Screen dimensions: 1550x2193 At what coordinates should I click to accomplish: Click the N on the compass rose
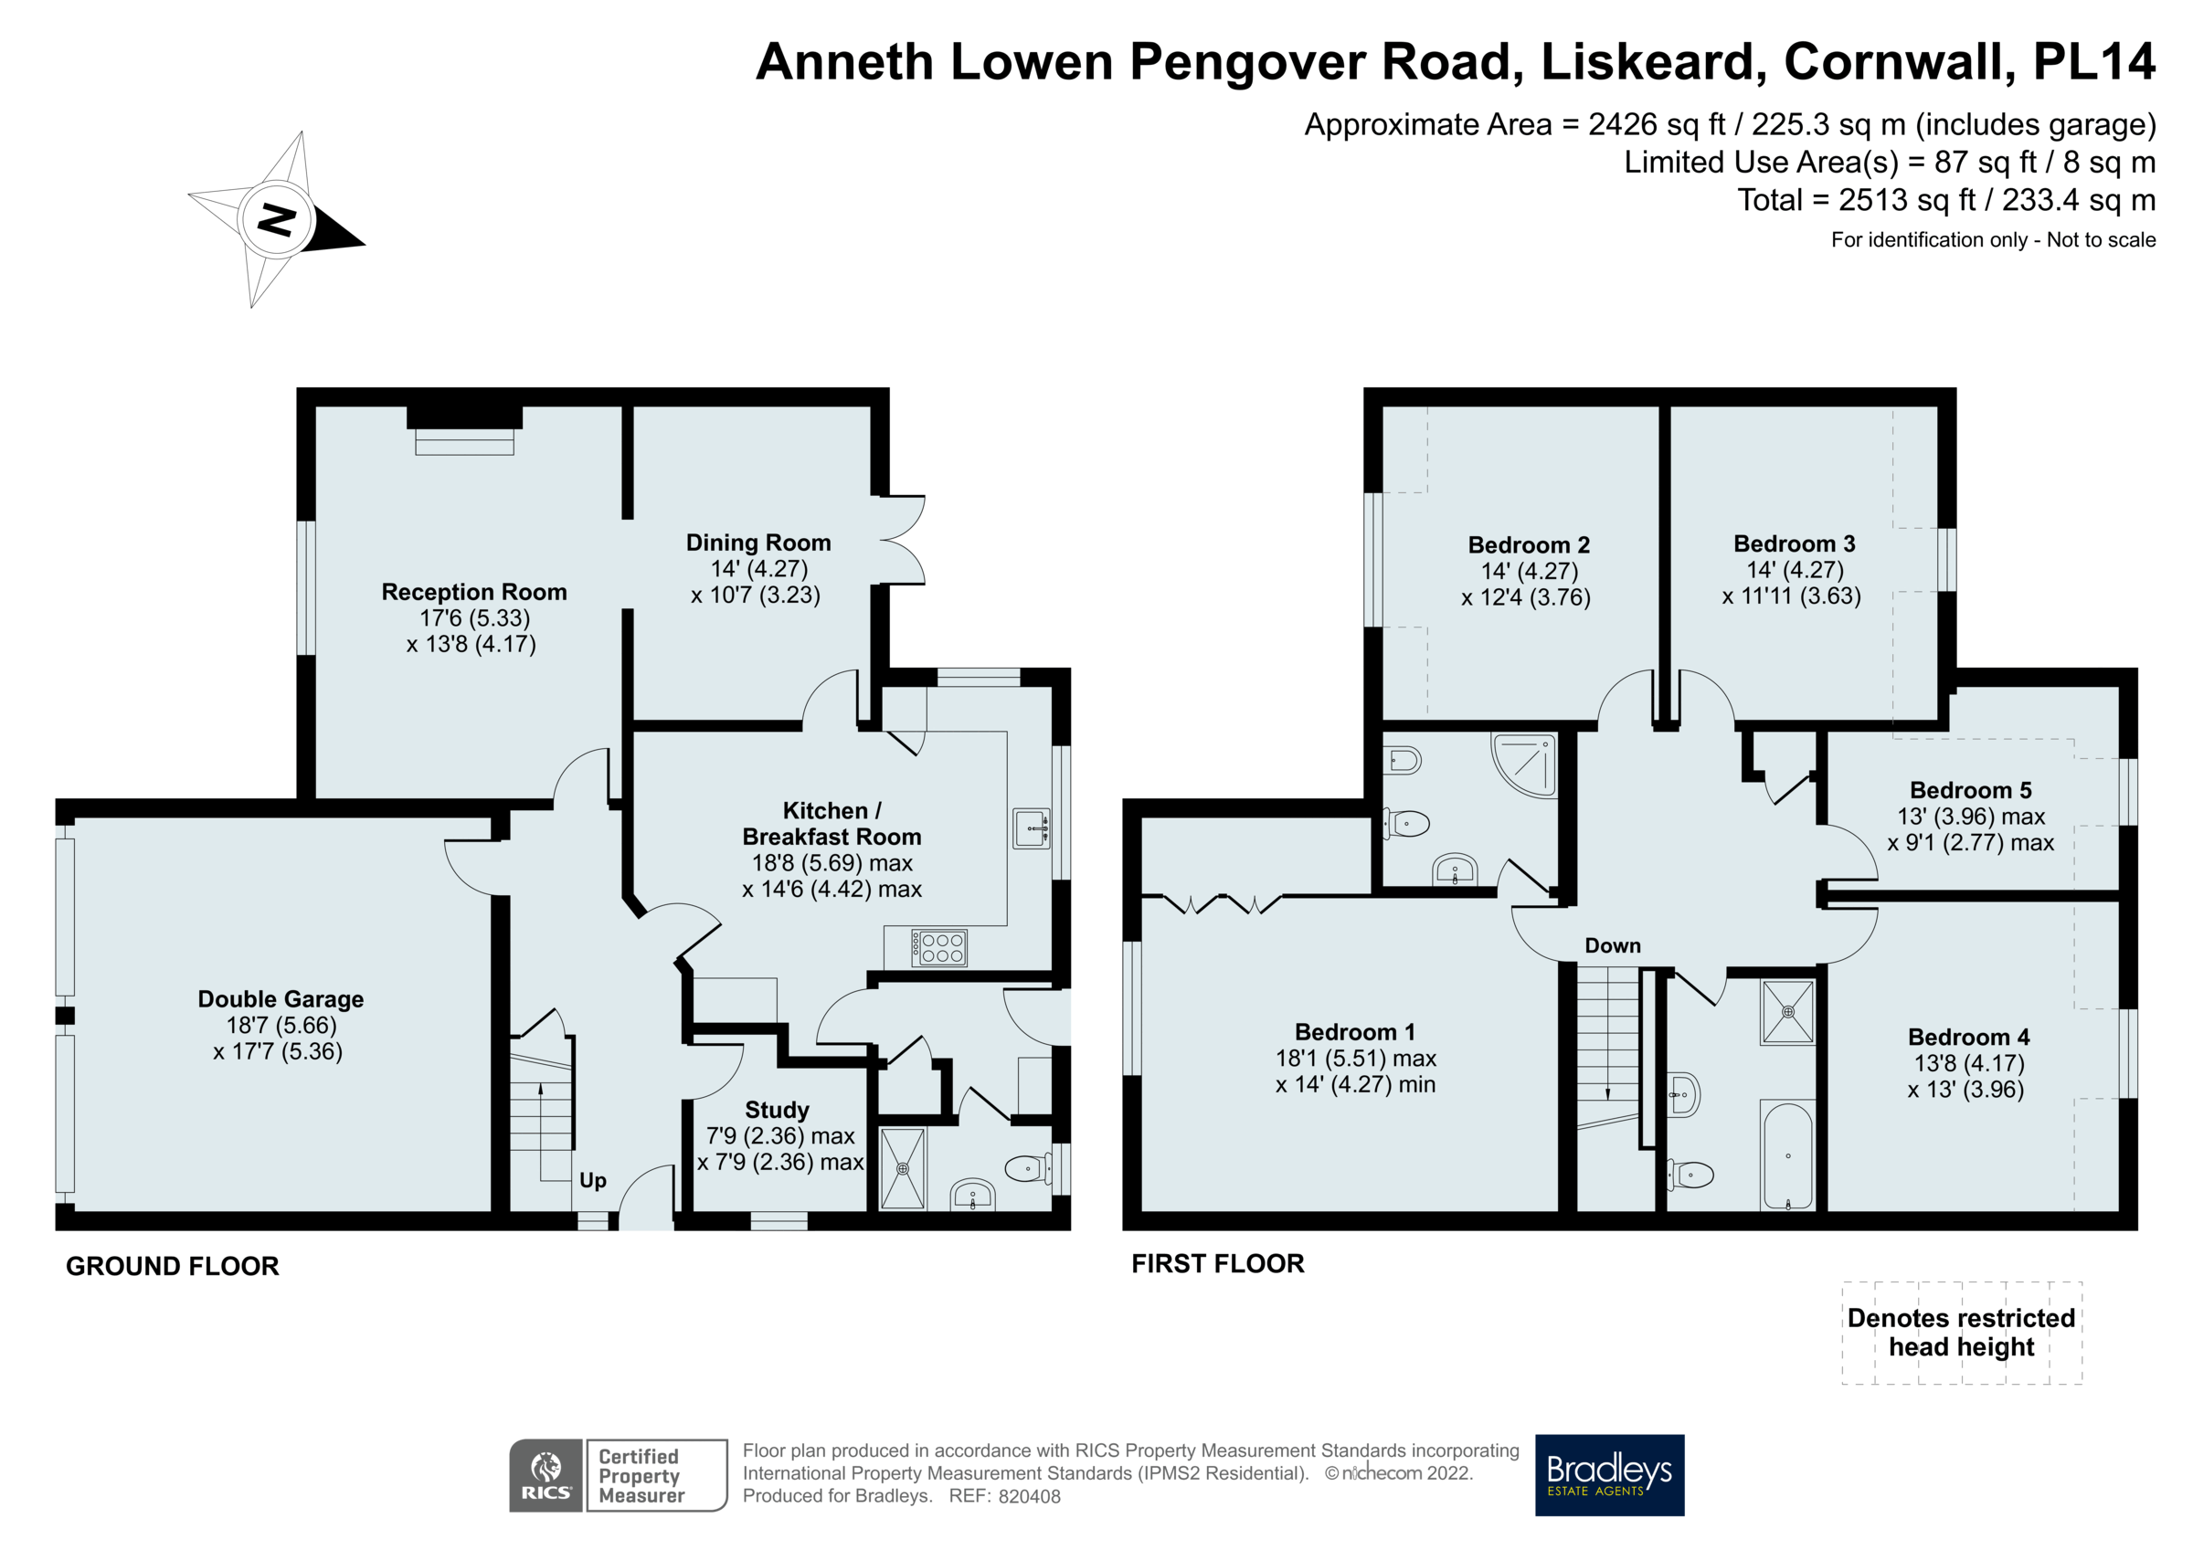[x=277, y=221]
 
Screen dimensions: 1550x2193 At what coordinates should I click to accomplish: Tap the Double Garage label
[x=280, y=999]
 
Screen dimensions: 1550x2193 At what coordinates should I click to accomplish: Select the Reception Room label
[x=473, y=592]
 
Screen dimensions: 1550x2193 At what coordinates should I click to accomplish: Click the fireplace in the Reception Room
[x=465, y=430]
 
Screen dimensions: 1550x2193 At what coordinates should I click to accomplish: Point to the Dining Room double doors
[x=903, y=540]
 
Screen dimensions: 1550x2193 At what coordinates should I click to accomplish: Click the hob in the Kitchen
[x=940, y=947]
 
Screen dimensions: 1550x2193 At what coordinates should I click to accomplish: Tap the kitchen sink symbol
[x=1032, y=828]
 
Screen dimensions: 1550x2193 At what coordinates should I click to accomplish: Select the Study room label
[x=777, y=1110]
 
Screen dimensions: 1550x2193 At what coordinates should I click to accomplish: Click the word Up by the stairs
[x=592, y=1180]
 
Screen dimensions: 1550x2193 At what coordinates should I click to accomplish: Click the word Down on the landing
[x=1612, y=945]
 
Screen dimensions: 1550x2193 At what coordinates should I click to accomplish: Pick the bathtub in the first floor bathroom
[x=1786, y=1156]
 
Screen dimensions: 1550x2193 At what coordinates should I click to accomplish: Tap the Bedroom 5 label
[x=1969, y=790]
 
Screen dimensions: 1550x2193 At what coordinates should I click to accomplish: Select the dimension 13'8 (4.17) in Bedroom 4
[x=1967, y=1063]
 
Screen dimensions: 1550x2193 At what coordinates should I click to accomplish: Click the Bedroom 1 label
[x=1354, y=1031]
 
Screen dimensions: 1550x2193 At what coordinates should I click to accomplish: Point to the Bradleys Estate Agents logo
[x=1608, y=1474]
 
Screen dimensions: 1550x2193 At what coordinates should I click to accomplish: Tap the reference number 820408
[x=1029, y=1496]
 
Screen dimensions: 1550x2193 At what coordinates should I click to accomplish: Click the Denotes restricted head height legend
[x=1961, y=1333]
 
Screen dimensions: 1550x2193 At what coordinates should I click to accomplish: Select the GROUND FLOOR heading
[x=172, y=1266]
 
